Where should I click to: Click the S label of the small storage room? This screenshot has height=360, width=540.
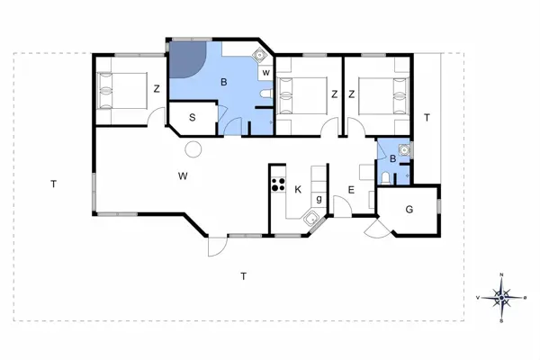point(193,117)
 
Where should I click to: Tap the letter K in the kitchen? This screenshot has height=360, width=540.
point(297,188)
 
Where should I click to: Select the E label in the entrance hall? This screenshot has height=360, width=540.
point(351,190)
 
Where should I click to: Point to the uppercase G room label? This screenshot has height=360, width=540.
point(409,209)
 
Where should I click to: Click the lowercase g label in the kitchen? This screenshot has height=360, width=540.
point(319,198)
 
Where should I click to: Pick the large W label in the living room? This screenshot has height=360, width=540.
point(183,174)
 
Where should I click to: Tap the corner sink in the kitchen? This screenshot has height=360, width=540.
point(310,216)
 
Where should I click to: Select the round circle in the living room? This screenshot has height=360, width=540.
point(193,149)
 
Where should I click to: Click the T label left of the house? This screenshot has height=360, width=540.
point(54,184)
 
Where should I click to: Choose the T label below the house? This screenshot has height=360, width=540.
point(243,275)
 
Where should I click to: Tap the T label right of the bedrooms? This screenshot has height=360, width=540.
point(427,118)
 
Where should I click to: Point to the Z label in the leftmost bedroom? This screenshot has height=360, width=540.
point(157,88)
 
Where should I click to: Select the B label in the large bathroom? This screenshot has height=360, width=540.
point(224,84)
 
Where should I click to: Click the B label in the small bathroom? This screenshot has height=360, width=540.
point(392,159)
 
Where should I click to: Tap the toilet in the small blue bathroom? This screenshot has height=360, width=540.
point(387,178)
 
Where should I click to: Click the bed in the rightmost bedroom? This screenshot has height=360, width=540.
point(378,93)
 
